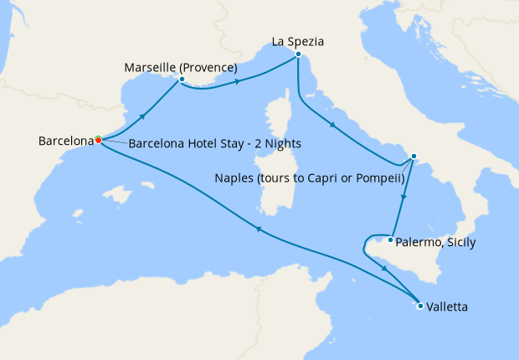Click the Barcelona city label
(65, 141)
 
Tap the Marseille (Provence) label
(180, 67)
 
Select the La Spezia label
(298, 40)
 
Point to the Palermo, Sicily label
(434, 243)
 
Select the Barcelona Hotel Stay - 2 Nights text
(215, 143)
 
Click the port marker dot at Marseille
(181, 80)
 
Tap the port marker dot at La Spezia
(298, 54)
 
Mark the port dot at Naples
(413, 157)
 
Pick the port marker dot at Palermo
(390, 239)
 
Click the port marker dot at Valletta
(419, 306)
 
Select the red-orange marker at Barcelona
(98, 139)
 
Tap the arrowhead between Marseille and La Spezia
(239, 81)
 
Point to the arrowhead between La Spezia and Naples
(334, 126)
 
